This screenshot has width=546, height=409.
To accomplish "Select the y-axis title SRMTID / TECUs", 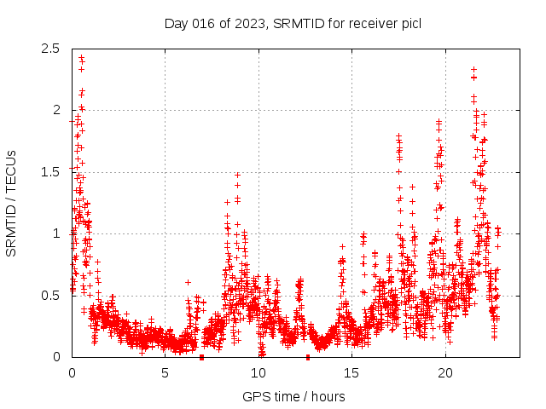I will click(12, 203).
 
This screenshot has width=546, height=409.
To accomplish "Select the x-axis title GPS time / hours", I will click(293, 396).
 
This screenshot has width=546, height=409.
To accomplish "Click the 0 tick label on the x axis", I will click(72, 373).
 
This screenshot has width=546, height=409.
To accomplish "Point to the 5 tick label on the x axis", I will click(166, 373).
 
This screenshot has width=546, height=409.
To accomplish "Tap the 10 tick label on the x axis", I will click(258, 373).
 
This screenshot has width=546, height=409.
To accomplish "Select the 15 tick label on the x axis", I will click(352, 373).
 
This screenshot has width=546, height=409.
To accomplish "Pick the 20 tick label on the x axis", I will click(445, 373).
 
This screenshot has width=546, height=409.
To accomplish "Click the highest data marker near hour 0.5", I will click(81, 58).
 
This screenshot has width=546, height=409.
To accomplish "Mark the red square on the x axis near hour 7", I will click(201, 357).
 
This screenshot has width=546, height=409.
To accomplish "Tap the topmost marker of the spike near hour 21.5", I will click(473, 69).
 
